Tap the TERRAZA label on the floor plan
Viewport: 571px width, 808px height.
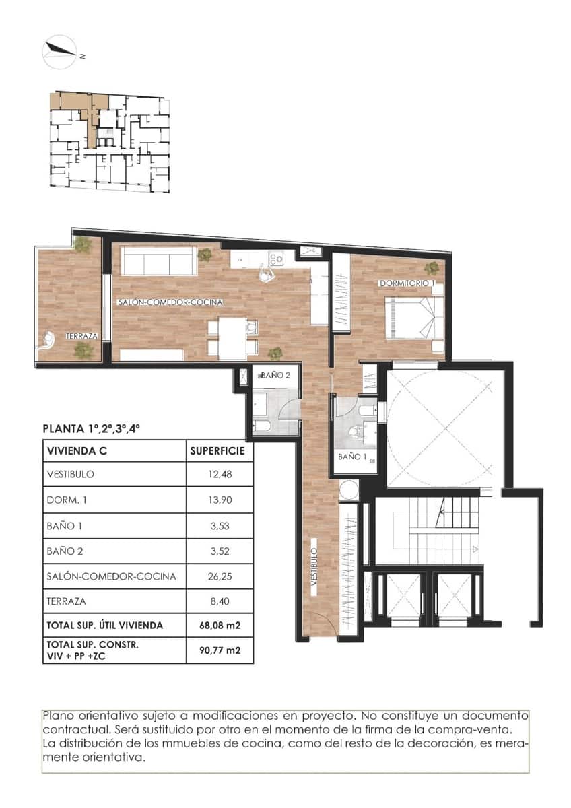point(82,335)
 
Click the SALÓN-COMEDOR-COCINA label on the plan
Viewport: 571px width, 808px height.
point(170,302)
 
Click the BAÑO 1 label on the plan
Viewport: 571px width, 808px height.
point(351,457)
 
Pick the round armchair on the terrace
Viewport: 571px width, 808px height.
point(49,340)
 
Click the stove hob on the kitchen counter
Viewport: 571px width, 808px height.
point(275,257)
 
